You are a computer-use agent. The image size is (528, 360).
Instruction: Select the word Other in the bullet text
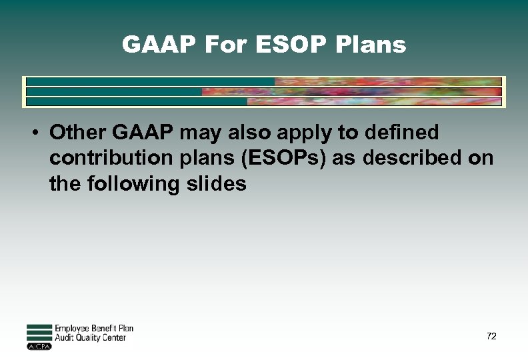click(x=77, y=133)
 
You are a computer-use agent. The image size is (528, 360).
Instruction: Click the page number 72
click(x=491, y=336)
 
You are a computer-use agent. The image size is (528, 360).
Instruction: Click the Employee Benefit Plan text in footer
click(x=94, y=329)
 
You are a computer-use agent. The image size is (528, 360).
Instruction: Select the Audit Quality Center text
click(x=90, y=338)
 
